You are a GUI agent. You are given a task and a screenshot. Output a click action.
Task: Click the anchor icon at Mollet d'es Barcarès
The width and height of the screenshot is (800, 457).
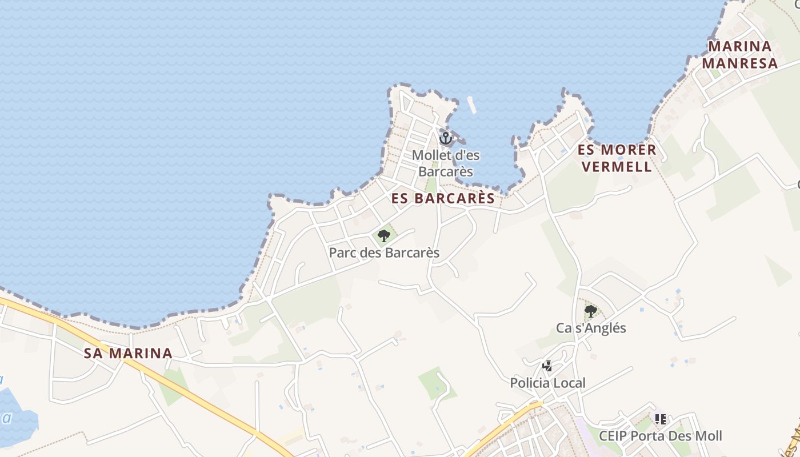[x=445, y=138]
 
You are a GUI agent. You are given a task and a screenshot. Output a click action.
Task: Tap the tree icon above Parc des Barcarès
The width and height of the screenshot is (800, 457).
[x=384, y=235]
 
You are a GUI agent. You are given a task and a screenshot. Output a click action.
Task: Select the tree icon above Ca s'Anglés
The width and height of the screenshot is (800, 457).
[x=591, y=311]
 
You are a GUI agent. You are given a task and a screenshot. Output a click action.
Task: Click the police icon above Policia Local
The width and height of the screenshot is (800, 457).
[x=547, y=366]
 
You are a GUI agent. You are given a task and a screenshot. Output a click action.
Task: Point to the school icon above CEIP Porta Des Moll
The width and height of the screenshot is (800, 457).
[x=661, y=419]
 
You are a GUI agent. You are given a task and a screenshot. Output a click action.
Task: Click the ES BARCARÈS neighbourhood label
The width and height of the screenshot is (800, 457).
[x=443, y=198]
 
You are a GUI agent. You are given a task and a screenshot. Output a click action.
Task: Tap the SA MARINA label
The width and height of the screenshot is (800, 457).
[x=128, y=353]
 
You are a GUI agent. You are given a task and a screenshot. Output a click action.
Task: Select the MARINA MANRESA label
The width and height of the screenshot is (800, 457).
[x=740, y=54]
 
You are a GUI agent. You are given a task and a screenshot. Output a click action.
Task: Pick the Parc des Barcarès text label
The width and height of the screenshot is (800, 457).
[x=384, y=252]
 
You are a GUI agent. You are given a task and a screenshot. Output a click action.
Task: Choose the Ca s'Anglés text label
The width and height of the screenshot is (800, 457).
[x=591, y=328]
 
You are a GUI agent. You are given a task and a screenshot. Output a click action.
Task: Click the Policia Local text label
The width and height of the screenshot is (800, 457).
[x=547, y=383]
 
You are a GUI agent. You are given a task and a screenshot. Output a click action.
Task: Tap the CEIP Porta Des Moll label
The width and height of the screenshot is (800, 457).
[x=661, y=436]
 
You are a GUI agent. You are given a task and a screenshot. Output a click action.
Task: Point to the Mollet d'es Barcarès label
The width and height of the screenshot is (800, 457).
[x=446, y=163]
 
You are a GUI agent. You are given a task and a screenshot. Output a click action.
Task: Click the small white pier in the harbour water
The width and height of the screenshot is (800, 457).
[x=471, y=105]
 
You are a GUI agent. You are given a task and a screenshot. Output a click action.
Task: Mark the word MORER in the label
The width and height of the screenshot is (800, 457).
[x=629, y=150]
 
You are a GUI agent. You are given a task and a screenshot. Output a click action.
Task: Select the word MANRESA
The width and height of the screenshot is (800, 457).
[x=740, y=63]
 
